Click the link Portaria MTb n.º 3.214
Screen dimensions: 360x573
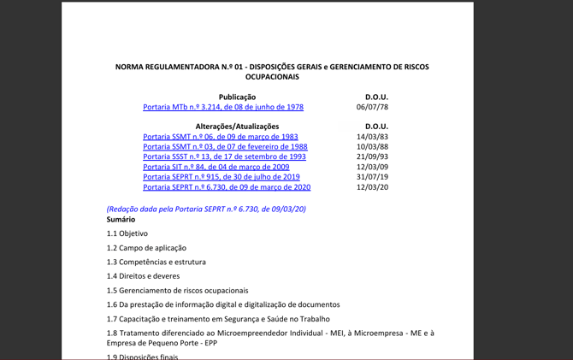[222, 107]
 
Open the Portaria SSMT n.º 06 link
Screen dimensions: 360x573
[220, 137]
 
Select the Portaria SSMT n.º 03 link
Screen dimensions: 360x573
[225, 147]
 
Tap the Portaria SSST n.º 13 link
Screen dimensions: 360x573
[224, 156]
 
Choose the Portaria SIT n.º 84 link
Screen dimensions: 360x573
[216, 167]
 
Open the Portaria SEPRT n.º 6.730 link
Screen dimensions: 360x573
[227, 186]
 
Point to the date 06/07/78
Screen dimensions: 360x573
[372, 107]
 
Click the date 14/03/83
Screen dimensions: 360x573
[372, 137]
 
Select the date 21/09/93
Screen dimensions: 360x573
[372, 156]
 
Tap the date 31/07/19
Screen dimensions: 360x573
[372, 177]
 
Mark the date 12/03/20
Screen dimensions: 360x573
[372, 186]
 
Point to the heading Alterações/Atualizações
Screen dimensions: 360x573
[237, 127]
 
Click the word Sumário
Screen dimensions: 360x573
[121, 220]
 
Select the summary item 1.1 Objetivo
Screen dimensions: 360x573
[127, 233]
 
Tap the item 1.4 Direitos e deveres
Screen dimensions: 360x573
[143, 276]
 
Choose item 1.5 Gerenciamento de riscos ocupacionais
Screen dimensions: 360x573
[177, 291]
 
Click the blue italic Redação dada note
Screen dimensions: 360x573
[206, 209]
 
